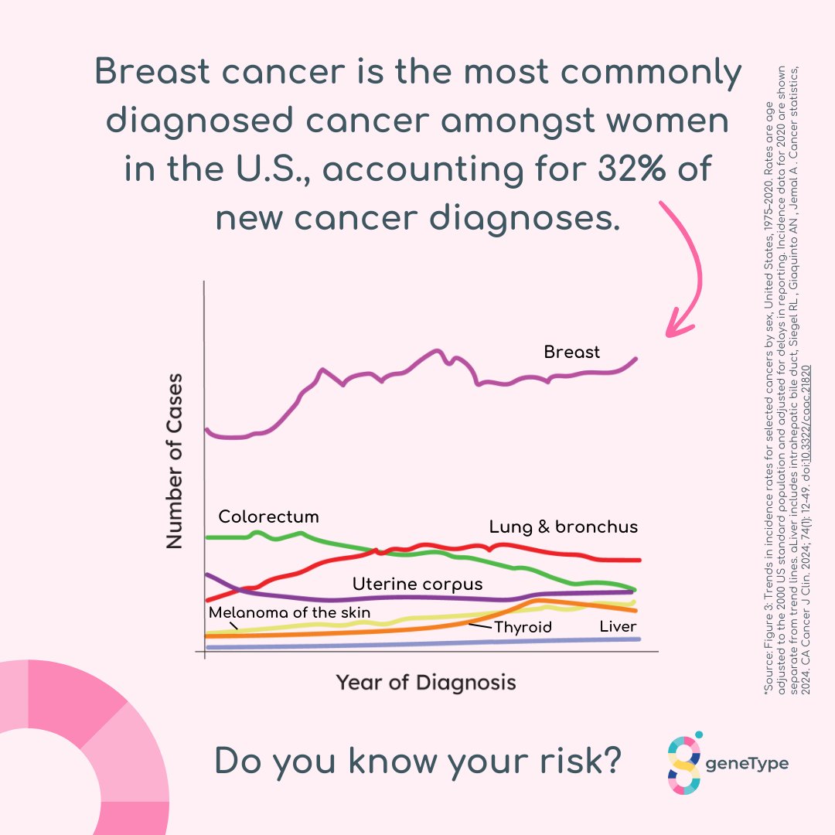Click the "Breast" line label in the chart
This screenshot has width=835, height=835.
571,353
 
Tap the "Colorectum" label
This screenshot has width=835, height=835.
268,516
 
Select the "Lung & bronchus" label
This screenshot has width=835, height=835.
564,527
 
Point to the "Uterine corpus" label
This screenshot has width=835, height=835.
417,584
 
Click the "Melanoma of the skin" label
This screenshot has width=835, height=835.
290,613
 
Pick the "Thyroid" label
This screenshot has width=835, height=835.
523,627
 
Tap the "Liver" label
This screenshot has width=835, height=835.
618,626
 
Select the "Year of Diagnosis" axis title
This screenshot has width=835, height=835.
426,683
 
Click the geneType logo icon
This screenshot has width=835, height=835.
683,764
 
